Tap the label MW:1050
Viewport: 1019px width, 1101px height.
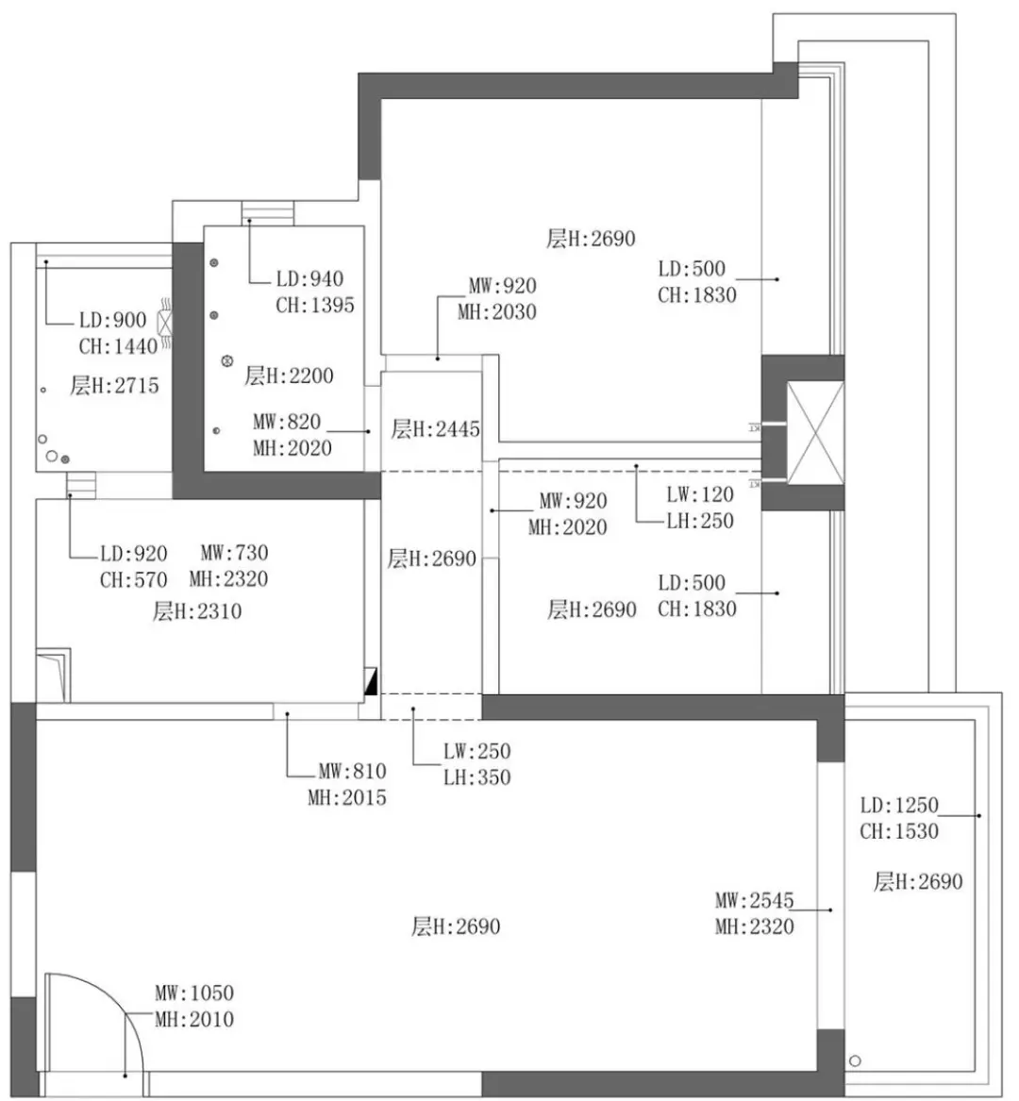(194, 993)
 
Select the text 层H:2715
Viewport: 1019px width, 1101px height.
(114, 385)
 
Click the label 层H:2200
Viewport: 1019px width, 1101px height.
(289, 375)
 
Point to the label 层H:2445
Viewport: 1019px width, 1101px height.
(435, 429)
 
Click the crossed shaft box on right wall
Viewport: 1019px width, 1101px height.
(815, 433)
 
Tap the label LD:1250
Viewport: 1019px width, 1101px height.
(899, 805)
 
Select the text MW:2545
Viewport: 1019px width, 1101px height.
(754, 900)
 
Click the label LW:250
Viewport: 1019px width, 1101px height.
(476, 751)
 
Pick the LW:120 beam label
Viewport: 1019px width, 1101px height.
(699, 494)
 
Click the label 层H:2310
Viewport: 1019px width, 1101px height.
(197, 611)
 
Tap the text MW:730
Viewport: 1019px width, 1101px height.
(234, 553)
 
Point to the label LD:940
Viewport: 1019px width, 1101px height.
(309, 279)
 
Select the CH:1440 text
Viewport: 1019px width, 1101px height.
(118, 346)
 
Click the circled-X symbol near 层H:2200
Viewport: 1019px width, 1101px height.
(226, 360)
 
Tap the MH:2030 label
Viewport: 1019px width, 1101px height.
(496, 312)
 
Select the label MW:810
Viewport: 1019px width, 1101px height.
(351, 771)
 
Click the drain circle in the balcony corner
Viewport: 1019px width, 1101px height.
(856, 1059)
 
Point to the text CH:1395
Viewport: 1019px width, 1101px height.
(315, 306)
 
